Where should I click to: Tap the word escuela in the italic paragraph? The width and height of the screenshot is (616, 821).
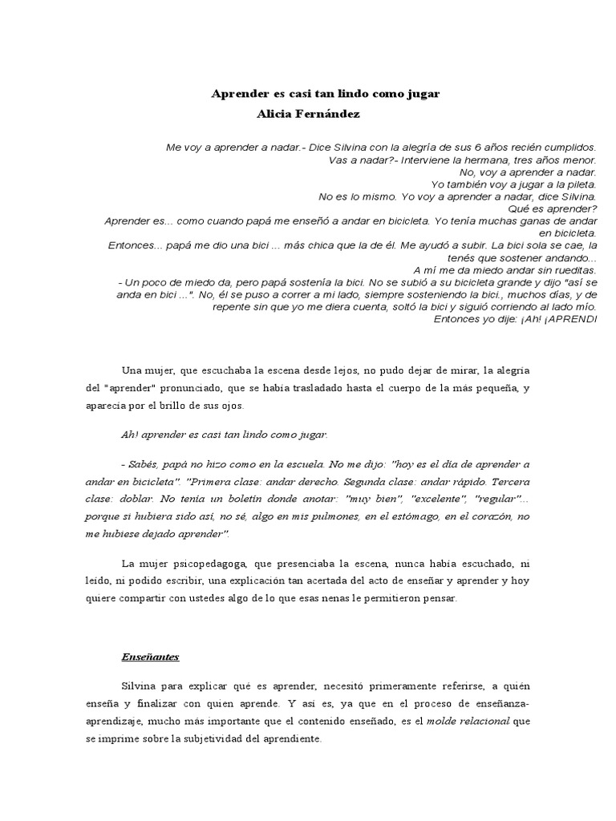(302, 464)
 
